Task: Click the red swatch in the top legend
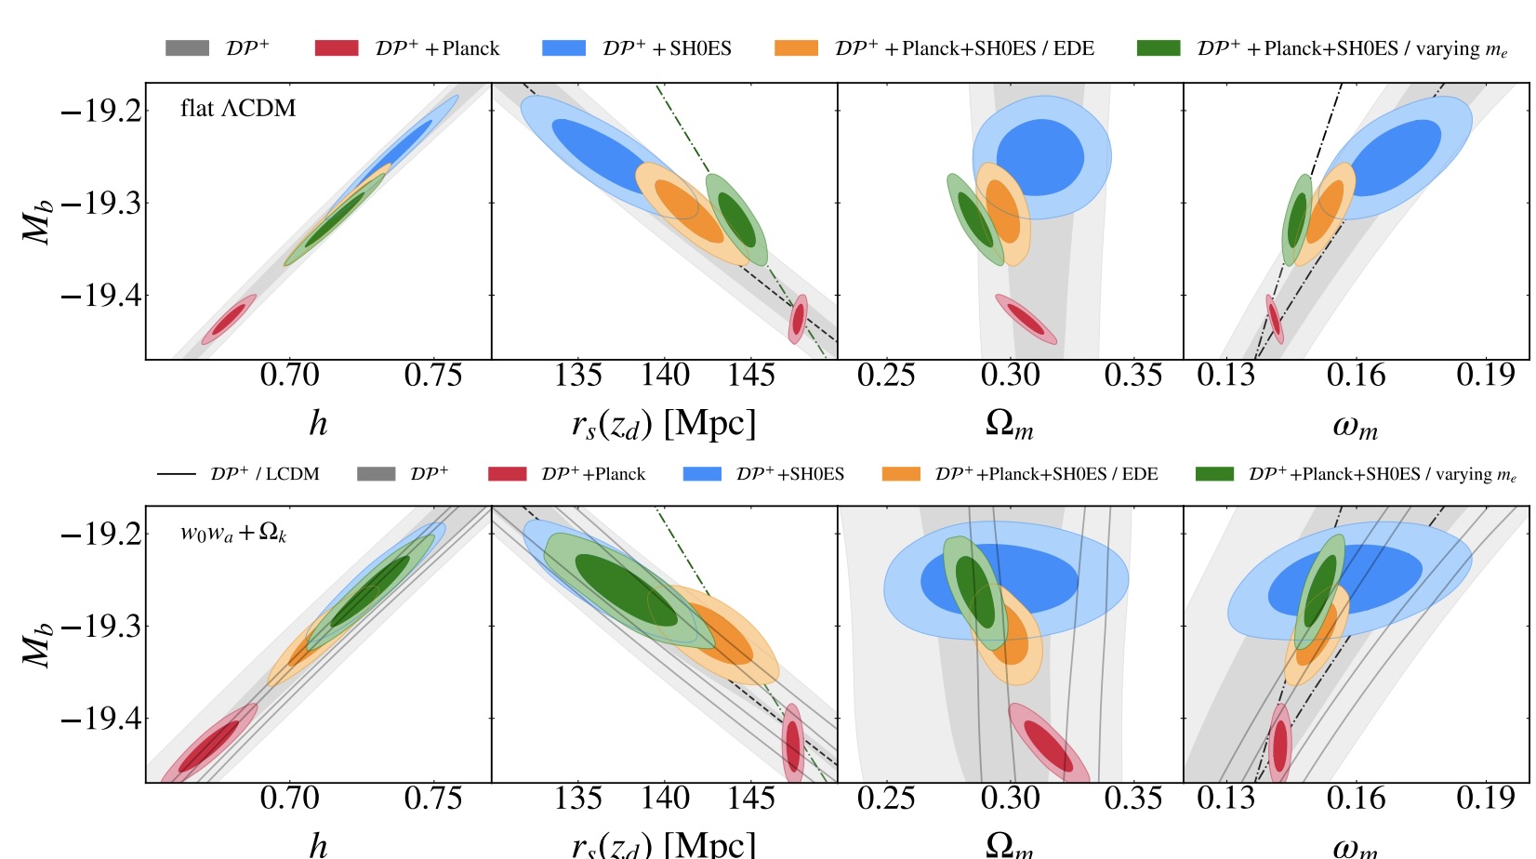(337, 48)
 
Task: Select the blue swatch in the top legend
(563, 48)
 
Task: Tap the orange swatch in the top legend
(796, 48)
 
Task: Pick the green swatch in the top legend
(1159, 48)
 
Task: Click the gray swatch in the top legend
(187, 48)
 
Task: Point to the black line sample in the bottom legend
(176, 474)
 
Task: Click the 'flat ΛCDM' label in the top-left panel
(238, 109)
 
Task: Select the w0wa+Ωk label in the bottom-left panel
(233, 533)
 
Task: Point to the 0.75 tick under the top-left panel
(432, 376)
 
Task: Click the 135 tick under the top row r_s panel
(578, 376)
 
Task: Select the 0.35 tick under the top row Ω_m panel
(1133, 376)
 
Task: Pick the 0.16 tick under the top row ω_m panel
(1356, 376)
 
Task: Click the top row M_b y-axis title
(37, 221)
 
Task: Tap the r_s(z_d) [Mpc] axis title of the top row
(664, 425)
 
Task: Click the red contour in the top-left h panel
(229, 319)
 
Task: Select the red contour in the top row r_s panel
(798, 319)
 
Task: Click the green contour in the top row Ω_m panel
(974, 219)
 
